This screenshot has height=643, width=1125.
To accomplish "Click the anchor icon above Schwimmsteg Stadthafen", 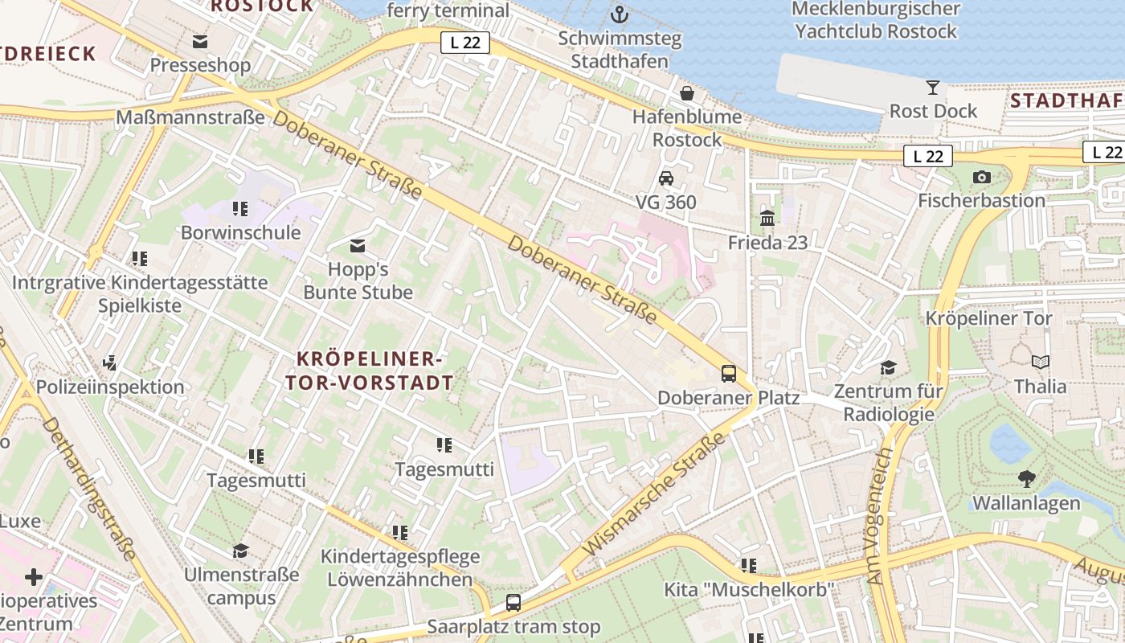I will (620, 14).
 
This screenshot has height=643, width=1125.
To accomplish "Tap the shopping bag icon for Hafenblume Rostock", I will (687, 93).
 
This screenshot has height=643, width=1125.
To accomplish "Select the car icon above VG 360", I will (666, 178).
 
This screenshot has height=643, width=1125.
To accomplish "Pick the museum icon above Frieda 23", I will (767, 218).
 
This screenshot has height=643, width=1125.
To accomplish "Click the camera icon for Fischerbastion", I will (981, 177).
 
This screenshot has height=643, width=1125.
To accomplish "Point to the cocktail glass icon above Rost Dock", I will (933, 87).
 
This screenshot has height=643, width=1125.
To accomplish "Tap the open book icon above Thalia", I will (1041, 362).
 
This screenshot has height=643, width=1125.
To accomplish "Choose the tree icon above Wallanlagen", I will (1026, 479).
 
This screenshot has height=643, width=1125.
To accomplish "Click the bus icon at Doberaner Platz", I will (729, 373).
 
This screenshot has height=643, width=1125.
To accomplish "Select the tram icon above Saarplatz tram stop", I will (513, 602).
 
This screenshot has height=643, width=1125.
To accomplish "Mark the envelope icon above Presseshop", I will (200, 41).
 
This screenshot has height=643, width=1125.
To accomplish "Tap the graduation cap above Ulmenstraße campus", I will (240, 551).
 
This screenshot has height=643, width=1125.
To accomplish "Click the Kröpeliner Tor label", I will (988, 318).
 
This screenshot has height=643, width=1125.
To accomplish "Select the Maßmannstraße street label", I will (190, 118).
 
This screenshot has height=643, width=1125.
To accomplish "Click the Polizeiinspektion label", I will (110, 387).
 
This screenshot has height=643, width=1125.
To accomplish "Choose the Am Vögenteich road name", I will (881, 514).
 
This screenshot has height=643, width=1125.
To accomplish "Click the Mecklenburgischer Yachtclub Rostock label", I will (875, 21).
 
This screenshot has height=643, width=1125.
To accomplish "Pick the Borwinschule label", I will (241, 233).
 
